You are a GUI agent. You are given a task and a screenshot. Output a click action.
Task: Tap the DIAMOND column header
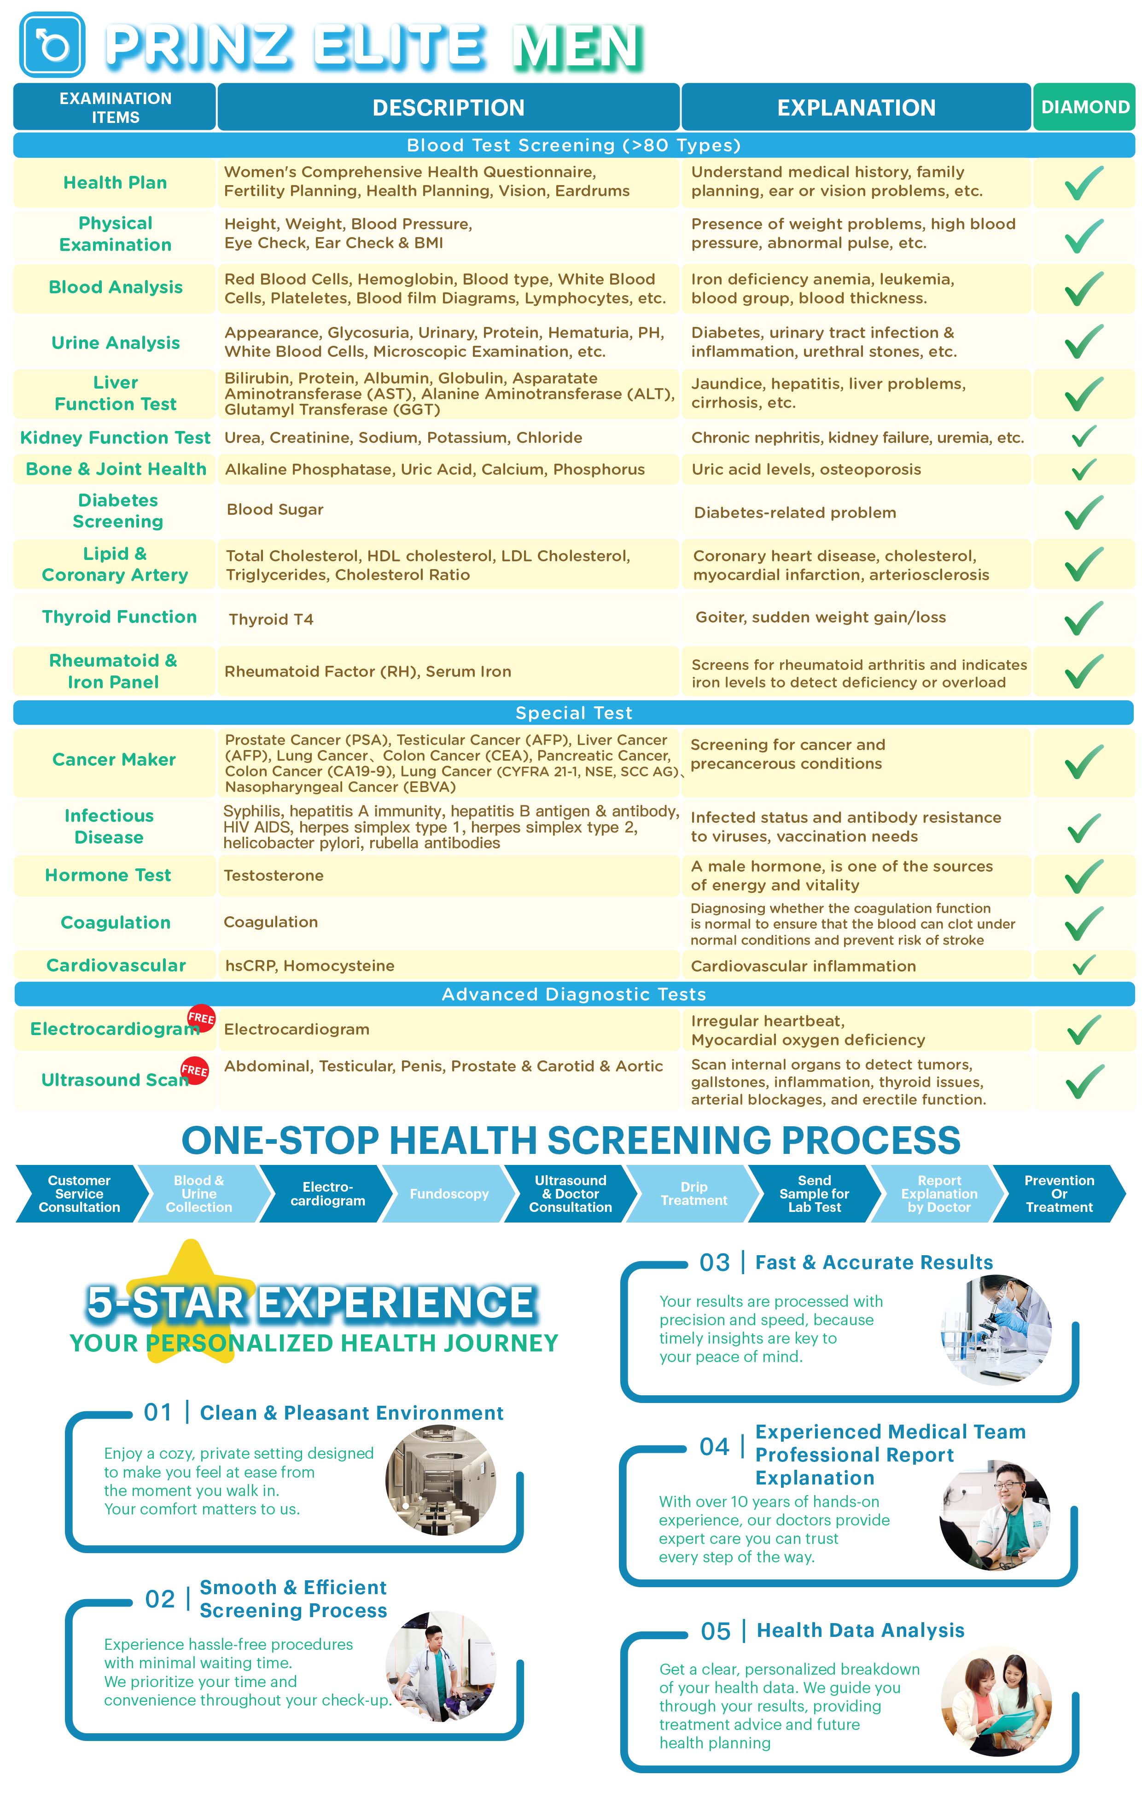(x=1084, y=107)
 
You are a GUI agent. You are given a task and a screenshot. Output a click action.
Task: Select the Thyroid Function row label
(x=119, y=617)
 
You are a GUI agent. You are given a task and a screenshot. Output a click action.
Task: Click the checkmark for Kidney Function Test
(x=1083, y=437)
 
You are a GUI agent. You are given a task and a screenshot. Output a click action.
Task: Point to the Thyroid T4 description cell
(x=271, y=619)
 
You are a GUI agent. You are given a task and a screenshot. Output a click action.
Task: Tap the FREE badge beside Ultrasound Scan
(x=194, y=1070)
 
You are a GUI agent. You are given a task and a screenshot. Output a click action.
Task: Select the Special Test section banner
(x=573, y=713)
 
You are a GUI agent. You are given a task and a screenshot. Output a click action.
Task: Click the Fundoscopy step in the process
(x=449, y=1193)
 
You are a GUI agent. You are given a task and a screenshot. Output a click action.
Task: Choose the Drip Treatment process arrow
(x=693, y=1193)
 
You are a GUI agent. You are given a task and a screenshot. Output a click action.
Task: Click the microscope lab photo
(x=996, y=1329)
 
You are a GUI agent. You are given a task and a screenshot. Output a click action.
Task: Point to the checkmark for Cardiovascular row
(x=1083, y=965)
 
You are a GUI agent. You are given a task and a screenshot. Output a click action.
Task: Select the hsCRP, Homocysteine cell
(x=310, y=966)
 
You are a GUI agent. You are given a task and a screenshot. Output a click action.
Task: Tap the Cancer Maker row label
(x=114, y=759)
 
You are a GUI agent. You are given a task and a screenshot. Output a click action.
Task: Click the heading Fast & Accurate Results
(x=873, y=1263)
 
